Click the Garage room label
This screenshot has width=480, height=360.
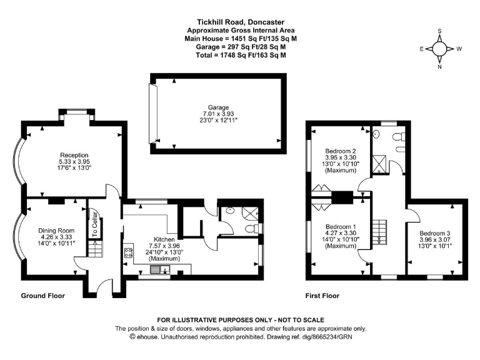coord(219,107)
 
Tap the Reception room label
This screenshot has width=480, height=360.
coord(74,155)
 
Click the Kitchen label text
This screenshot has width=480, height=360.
coord(164,239)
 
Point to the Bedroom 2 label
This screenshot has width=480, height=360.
coord(341,151)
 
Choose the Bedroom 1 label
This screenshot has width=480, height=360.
coord(341,226)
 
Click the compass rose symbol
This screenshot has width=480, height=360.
coord(440,48)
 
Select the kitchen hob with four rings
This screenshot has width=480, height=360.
coord(129,253)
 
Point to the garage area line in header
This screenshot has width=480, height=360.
coord(240,46)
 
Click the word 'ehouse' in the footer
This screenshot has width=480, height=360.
coord(147,336)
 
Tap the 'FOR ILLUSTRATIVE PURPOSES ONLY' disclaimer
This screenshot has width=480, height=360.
coord(240,320)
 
